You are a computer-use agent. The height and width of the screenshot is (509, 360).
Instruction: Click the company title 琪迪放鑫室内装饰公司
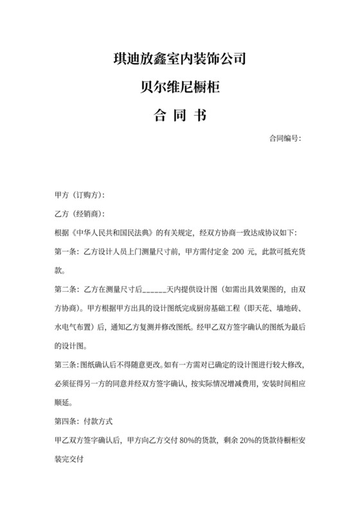(180, 61)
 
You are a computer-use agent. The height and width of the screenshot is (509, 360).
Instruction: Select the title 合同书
(180, 116)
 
